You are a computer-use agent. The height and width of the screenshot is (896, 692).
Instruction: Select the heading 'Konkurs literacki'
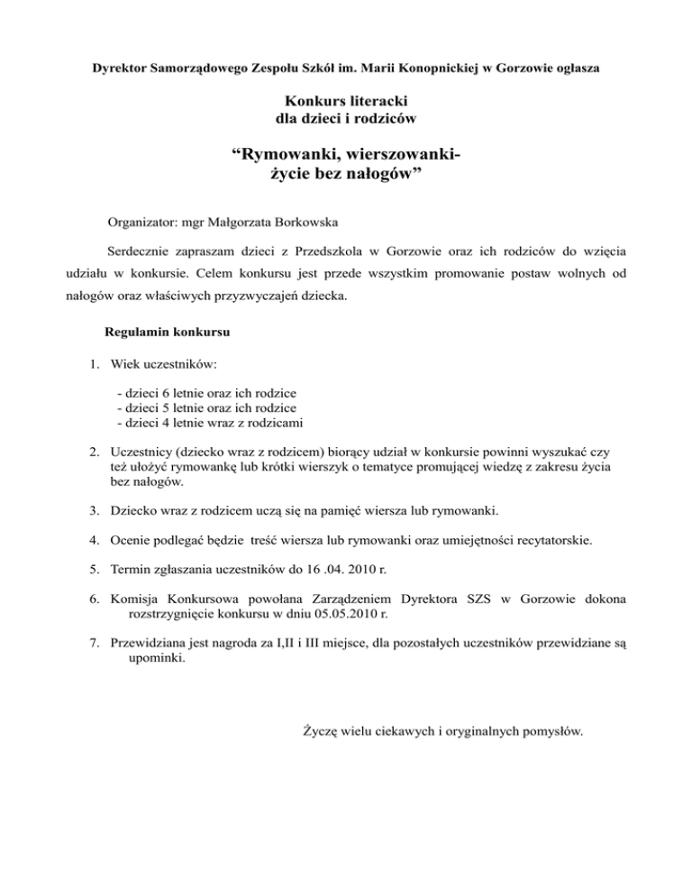345,99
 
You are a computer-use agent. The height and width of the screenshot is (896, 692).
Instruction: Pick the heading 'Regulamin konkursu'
168,332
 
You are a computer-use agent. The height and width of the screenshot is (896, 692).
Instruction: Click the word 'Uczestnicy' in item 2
141,451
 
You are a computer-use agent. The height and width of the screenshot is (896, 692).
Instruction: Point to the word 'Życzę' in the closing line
318,732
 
